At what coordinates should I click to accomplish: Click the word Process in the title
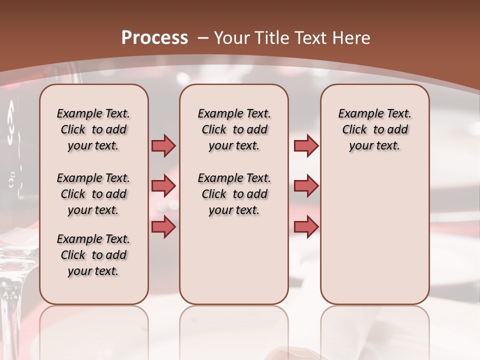coord(154,38)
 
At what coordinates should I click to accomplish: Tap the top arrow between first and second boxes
coord(163,146)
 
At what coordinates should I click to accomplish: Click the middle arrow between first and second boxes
coord(163,186)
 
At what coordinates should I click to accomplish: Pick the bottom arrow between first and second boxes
coord(163,226)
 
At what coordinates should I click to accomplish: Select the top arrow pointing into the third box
coord(306,146)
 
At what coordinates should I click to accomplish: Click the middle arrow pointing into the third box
coord(306,186)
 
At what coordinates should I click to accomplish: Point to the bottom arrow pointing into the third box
coord(306,226)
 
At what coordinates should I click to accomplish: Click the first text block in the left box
coord(93,129)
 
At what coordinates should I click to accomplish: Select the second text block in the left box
coord(93,194)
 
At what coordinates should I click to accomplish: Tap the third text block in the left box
coord(93,255)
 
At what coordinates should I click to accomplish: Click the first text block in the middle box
coord(234,129)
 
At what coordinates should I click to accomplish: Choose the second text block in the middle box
coord(234,194)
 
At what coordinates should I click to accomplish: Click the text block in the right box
coord(375,129)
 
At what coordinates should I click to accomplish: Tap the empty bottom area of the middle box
coord(234,265)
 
